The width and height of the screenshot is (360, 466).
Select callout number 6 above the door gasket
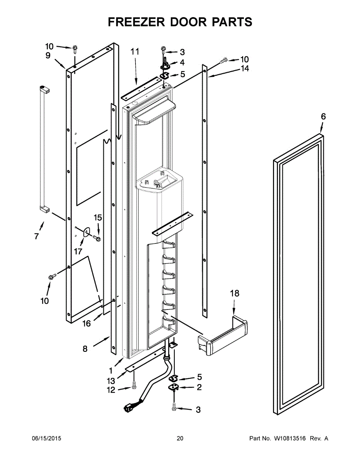pyautogui.click(x=323, y=116)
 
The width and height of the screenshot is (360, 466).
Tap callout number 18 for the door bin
pyautogui.click(x=235, y=293)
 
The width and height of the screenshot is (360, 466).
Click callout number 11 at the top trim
pyautogui.click(x=135, y=52)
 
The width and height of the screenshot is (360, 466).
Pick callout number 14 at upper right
pyautogui.click(x=245, y=69)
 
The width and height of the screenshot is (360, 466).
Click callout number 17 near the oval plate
pyautogui.click(x=78, y=251)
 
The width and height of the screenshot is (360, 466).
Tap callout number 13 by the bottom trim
pyautogui.click(x=111, y=381)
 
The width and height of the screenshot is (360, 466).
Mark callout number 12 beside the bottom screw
pyautogui.click(x=111, y=390)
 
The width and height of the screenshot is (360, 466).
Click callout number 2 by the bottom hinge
pyautogui.click(x=199, y=387)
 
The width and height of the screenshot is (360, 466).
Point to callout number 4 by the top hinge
pyautogui.click(x=182, y=63)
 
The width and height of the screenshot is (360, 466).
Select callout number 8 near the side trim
pyautogui.click(x=85, y=349)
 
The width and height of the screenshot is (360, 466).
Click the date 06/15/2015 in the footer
pyautogui.click(x=46, y=438)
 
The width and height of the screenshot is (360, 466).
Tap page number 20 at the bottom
pyautogui.click(x=180, y=438)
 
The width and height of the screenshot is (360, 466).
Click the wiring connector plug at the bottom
pyautogui.click(x=127, y=408)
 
